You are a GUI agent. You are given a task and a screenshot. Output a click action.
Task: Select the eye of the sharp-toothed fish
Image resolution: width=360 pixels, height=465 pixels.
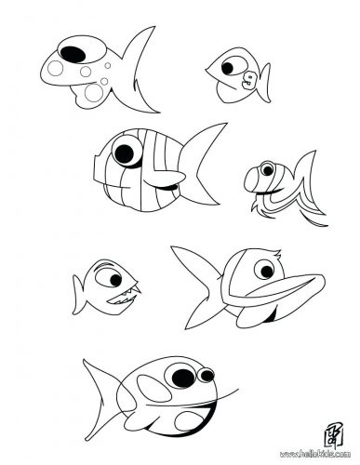pyautogui.click(x=110, y=275)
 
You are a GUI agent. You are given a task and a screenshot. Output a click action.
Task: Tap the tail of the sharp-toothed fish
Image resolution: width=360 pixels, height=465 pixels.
pyautogui.click(x=76, y=285)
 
